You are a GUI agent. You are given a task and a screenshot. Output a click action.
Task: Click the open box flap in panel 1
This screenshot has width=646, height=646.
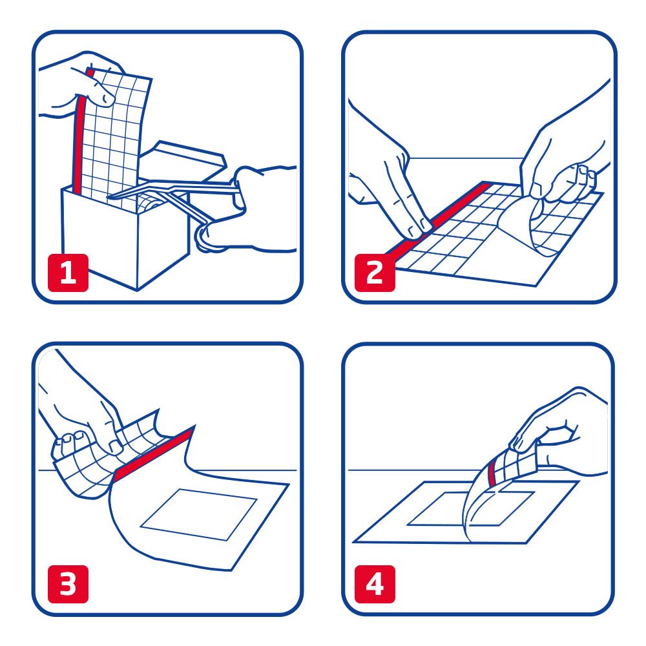(x=187, y=155)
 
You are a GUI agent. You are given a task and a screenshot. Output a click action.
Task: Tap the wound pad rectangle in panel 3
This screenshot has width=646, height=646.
(x=200, y=514)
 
